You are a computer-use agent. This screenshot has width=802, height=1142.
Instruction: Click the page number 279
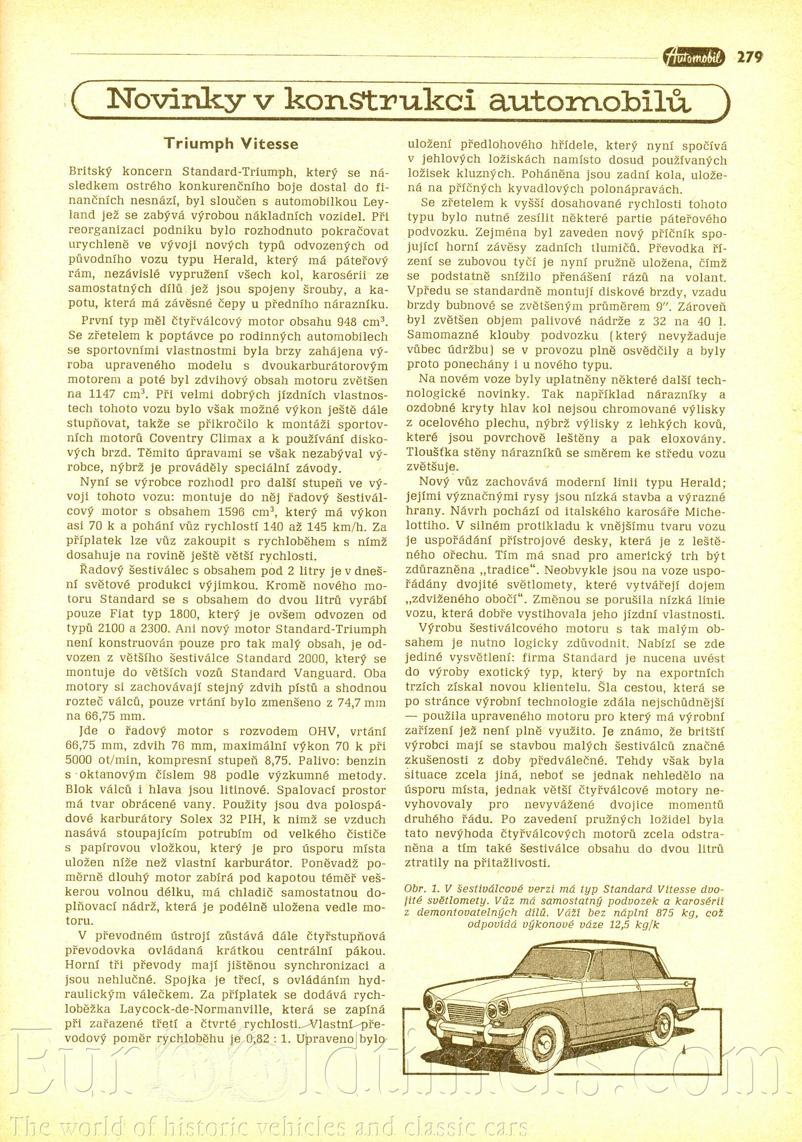coord(750,57)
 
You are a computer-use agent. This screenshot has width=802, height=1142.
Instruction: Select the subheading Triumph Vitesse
coord(232,144)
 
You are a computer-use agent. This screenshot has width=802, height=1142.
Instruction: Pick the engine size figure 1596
coord(236,513)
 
